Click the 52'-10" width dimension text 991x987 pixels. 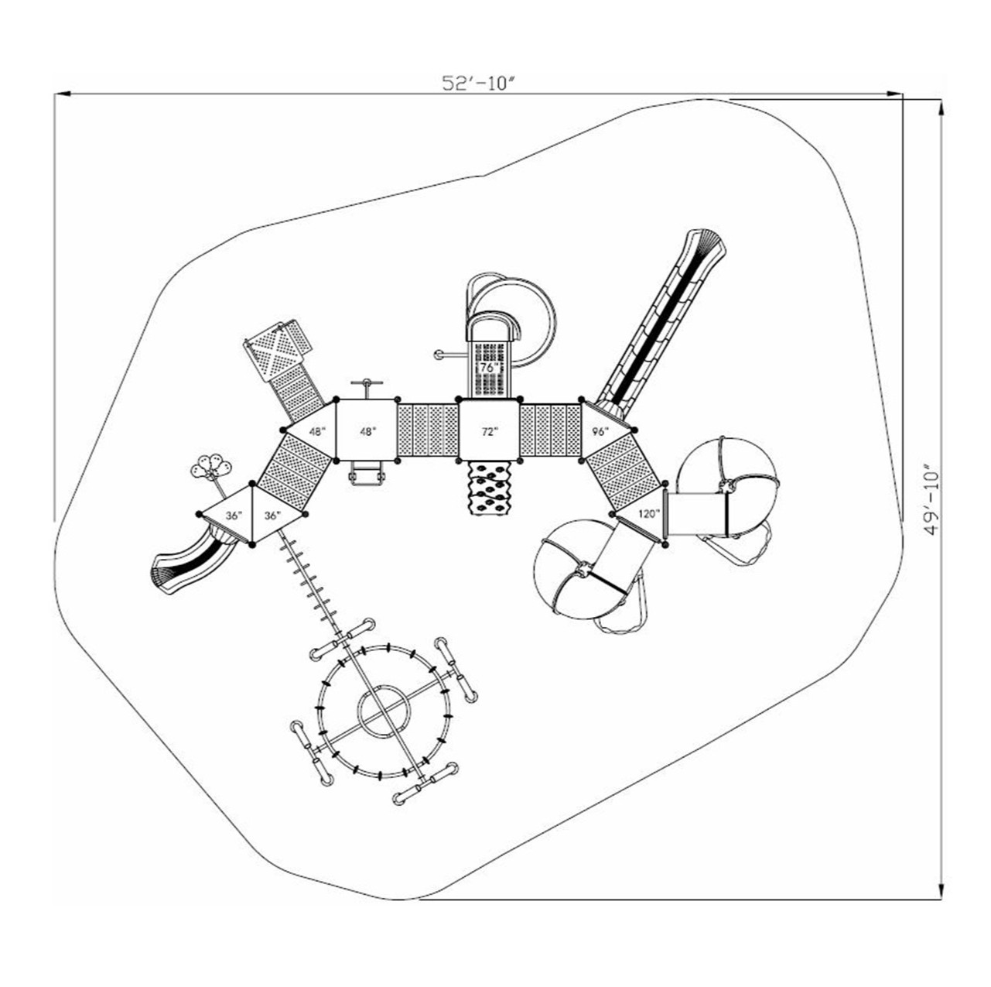tap(478, 83)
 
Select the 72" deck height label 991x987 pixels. tap(488, 431)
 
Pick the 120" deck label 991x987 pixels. tap(648, 513)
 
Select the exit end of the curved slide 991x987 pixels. tap(164, 577)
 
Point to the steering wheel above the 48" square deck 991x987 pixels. tap(367, 384)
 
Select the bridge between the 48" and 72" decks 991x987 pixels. tap(427, 430)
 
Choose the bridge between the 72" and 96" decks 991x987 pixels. tap(550, 430)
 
